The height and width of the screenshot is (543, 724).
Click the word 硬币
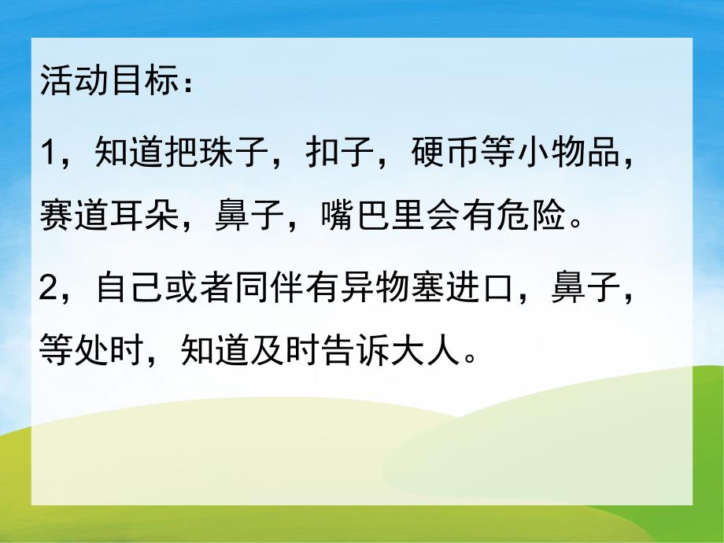pyautogui.click(x=448, y=150)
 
